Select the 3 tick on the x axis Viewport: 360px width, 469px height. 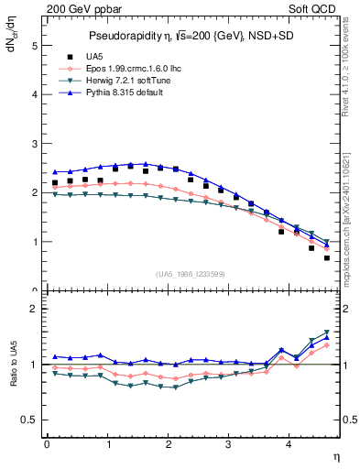229,444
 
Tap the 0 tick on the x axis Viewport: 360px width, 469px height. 47,444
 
